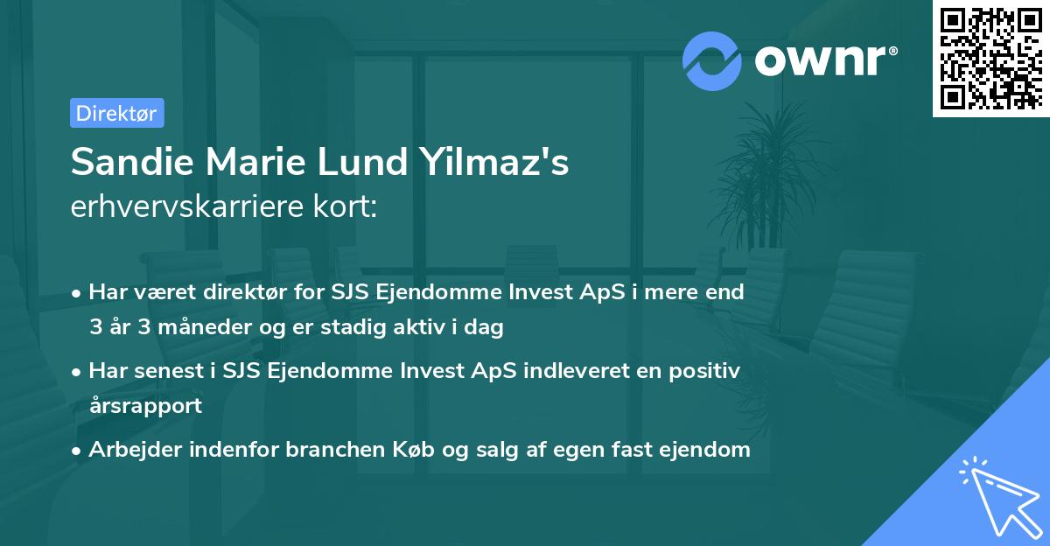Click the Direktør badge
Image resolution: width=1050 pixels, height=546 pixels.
point(117,113)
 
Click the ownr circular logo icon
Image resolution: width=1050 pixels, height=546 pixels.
point(712,60)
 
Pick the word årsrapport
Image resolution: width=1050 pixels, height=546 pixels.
point(145,405)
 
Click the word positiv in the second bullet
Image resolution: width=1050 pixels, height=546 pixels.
point(705,371)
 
